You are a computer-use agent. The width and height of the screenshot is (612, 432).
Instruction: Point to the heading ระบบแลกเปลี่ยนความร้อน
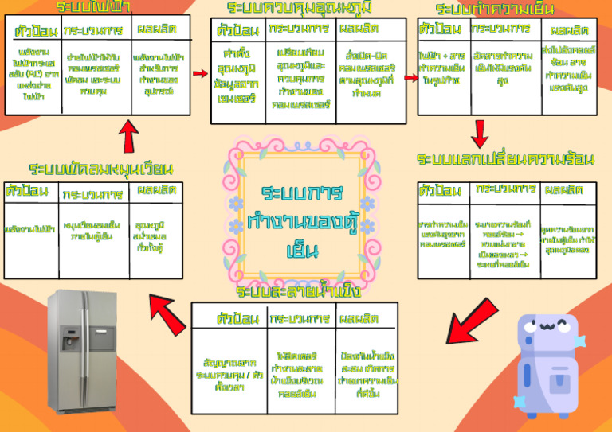pos(506,159)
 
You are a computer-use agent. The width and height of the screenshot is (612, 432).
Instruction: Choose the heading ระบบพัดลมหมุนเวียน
pos(101,169)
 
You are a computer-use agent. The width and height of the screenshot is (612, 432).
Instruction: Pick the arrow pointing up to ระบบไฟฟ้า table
pos(127,138)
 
